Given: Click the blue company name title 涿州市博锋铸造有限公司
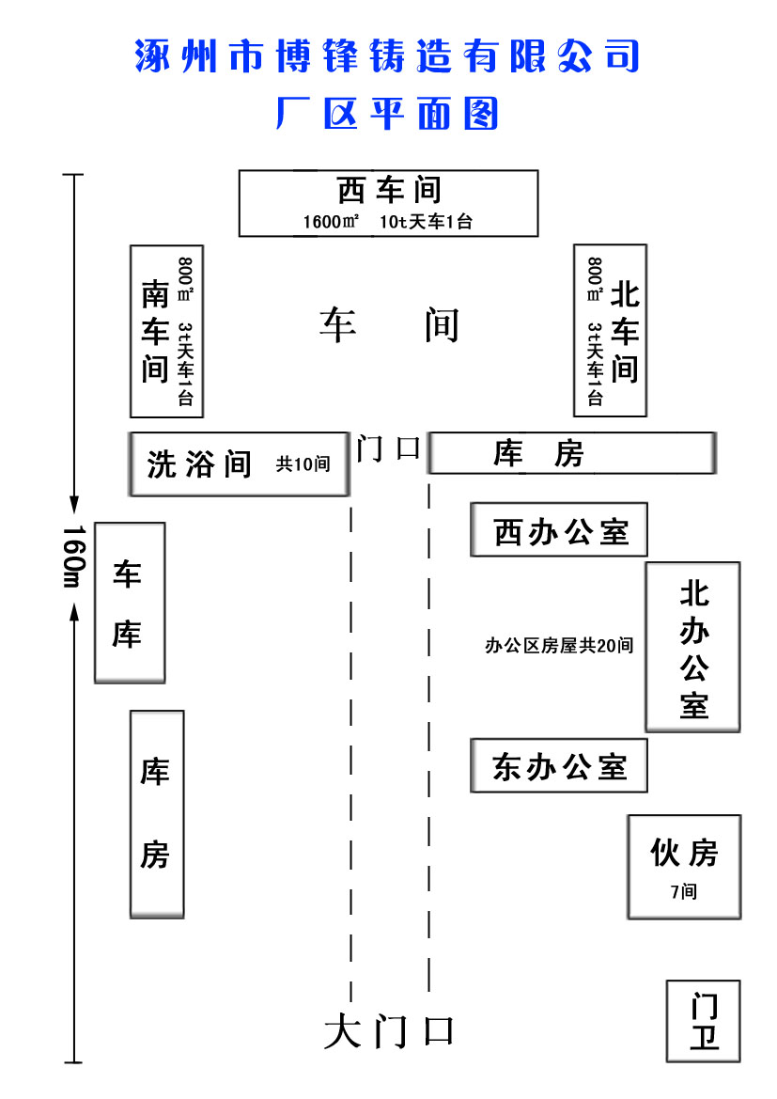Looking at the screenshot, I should (387, 56).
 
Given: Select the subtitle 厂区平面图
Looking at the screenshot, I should (387, 114).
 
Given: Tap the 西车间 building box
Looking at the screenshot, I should (388, 202).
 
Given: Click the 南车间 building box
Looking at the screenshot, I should (166, 331).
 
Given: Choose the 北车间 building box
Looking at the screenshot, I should (610, 331).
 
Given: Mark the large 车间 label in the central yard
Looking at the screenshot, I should (389, 325).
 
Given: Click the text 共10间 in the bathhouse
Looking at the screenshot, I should (303, 463).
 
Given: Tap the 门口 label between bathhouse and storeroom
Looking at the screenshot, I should (388, 448).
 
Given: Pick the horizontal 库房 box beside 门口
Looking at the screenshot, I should (571, 454).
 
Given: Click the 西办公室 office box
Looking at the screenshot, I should (560, 531).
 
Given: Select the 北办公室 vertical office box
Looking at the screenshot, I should (692, 647).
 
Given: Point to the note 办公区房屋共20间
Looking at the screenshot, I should (558, 646).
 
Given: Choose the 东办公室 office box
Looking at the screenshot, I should (560, 766).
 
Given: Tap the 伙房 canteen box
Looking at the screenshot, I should (684, 866).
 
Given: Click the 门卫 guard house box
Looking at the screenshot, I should (704, 1021).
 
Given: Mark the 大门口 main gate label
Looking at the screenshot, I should (389, 1031).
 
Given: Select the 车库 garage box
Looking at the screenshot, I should (130, 603).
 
